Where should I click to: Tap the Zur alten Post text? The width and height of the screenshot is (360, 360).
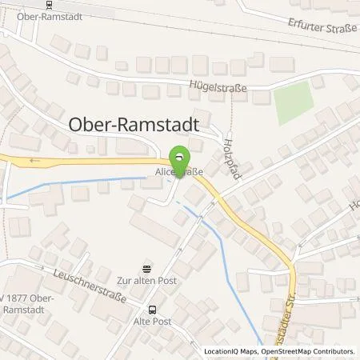pos(146,281)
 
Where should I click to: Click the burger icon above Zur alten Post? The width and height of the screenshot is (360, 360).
pos(146,268)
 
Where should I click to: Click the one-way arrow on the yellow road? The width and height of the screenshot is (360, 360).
pos(32,160)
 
